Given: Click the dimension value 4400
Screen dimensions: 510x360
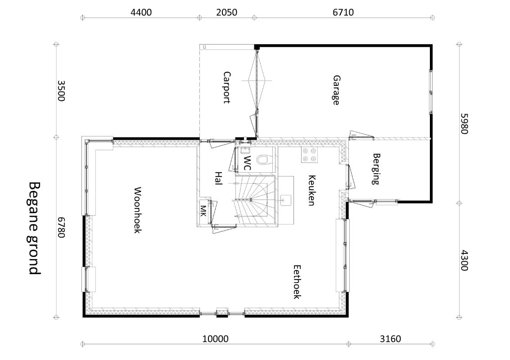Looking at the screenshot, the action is pos(141,12).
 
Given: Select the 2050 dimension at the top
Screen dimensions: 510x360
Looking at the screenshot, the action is pos(227,12).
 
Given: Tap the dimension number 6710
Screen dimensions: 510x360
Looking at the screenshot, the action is pos(343,12).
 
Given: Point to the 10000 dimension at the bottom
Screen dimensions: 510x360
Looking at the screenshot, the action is pos(215,339).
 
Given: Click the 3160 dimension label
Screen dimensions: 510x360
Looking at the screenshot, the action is pos(390,339).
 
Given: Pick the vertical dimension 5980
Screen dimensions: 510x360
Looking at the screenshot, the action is pos(464,124).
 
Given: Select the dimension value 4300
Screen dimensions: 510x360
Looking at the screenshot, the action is pos(464,260).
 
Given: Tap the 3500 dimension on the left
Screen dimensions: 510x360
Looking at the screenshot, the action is pos(61,91).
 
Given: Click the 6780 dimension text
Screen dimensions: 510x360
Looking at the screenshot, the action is pos(61,227).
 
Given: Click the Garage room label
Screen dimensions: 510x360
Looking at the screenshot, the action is pos(336,90).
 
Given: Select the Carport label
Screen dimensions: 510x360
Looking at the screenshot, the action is pos(227,87).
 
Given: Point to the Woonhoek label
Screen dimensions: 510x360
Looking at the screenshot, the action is pos(137,210).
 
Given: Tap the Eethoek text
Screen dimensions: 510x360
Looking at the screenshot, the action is pos(297,282).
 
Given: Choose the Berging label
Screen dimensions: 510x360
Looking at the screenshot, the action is pos(376,169).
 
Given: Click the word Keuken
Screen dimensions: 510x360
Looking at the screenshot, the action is pos(311,190).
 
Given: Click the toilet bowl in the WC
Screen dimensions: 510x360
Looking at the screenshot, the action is pos(262,160).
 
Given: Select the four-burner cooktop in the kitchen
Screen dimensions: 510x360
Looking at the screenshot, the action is pos(309,155).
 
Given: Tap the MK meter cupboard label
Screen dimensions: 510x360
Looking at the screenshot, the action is pos(203,211).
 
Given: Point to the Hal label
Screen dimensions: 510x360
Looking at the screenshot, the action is pos(218,179).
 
